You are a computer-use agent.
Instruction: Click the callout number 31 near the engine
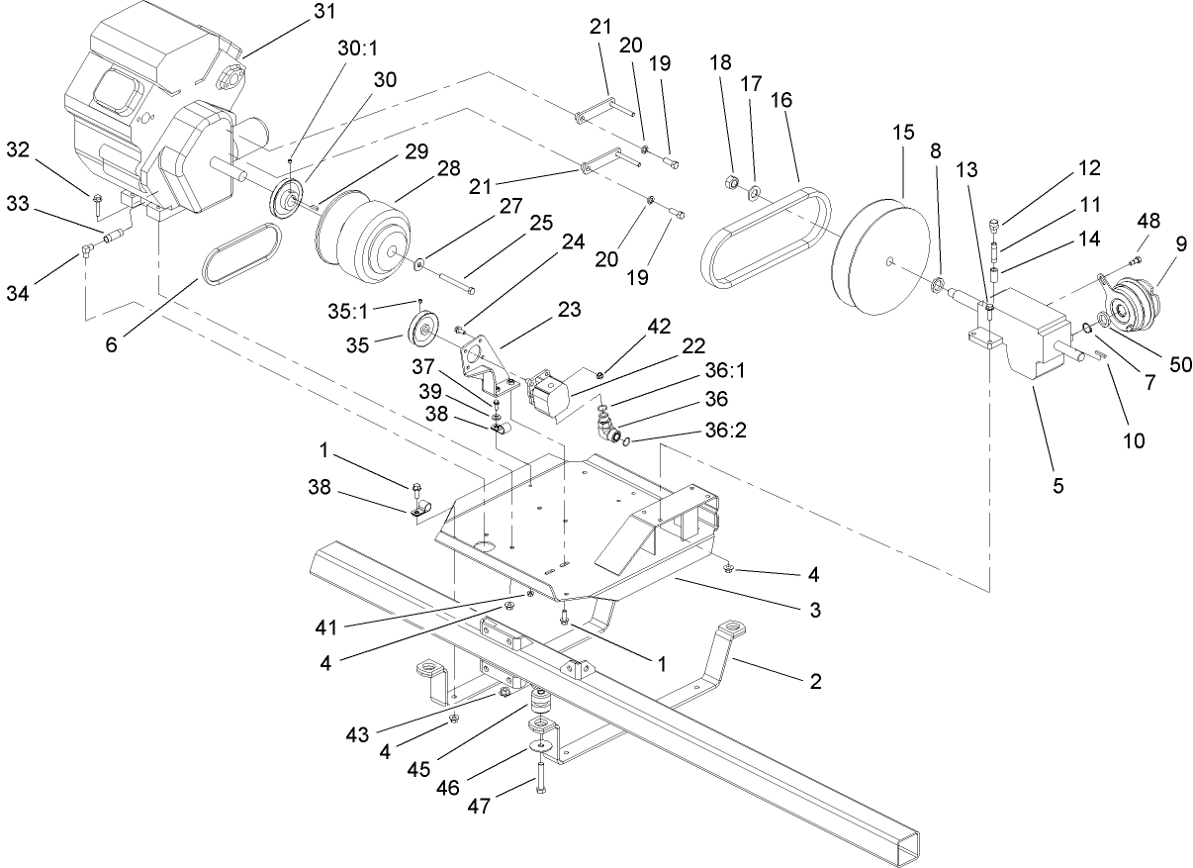(x=323, y=12)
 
